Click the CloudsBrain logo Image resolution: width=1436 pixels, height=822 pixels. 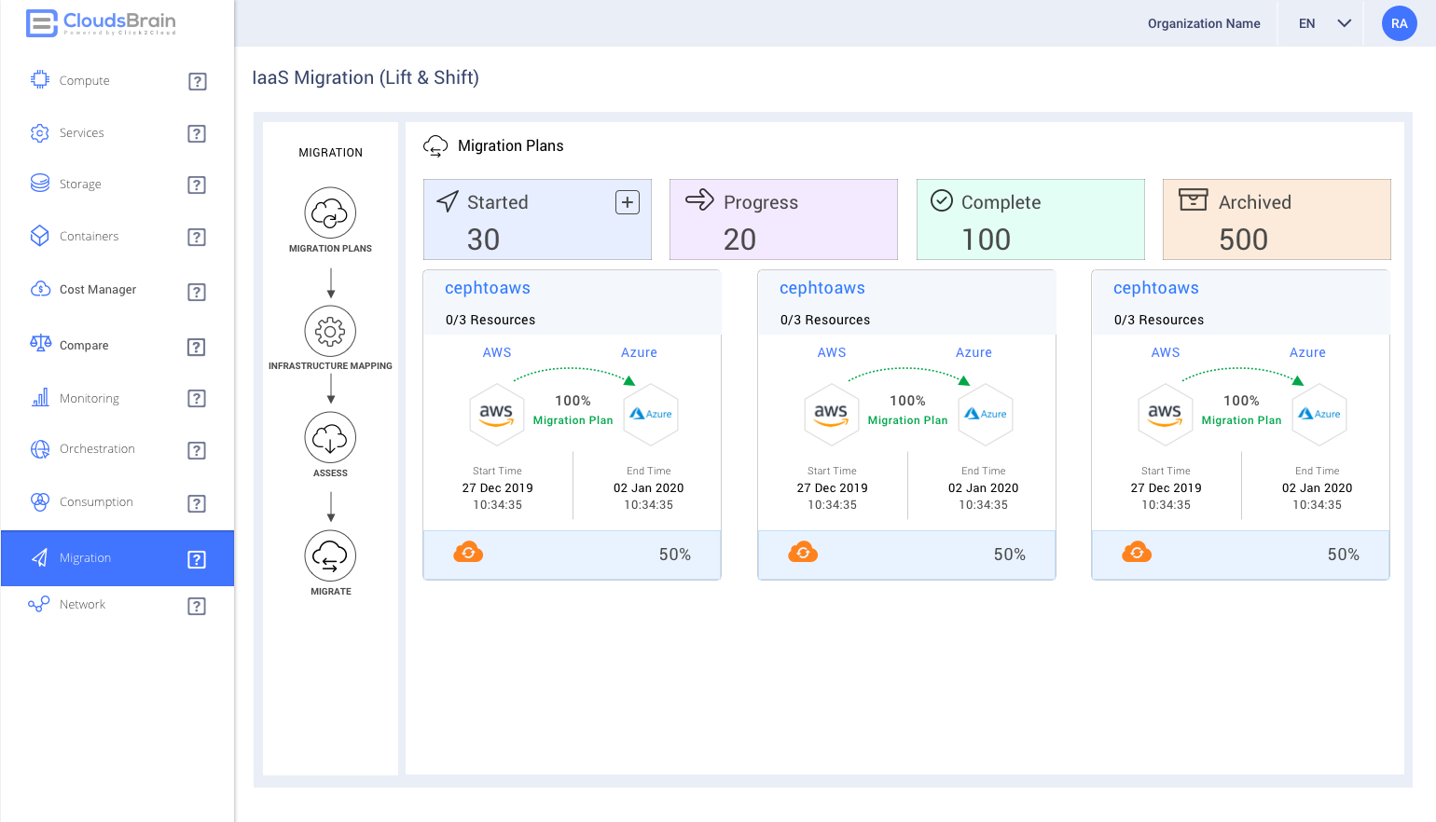101,22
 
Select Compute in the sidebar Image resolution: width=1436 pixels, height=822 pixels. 84,81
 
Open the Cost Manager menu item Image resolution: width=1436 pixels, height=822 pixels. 97,290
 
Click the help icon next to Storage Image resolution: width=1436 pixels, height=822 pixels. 197,185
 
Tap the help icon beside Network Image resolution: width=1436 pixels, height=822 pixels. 197,606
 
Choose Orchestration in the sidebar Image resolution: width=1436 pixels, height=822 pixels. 97,449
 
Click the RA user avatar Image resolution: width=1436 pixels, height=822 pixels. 1399,23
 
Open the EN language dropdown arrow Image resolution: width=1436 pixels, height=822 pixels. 1344,23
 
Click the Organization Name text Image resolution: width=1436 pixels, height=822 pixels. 1203,23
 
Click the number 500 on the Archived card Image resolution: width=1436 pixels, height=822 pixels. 1243,240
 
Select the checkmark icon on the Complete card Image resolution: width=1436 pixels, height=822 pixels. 942,201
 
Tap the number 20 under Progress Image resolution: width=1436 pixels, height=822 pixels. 739,240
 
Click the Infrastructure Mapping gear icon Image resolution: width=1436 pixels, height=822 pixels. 330,331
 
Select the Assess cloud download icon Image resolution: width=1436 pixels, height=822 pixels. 330,438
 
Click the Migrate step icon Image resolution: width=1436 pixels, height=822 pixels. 330,556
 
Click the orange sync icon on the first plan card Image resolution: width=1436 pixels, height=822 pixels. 468,553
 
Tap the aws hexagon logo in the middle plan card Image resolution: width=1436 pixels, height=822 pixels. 830,414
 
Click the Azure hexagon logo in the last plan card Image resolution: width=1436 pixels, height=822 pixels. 1319,414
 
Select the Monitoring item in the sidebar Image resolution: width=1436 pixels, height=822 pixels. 89,399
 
